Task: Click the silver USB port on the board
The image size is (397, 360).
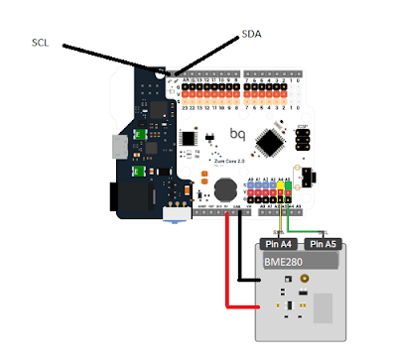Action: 121,149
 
